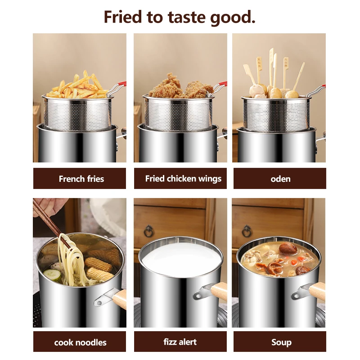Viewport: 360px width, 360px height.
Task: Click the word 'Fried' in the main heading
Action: (123, 17)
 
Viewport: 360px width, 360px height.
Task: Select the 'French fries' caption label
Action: (81, 179)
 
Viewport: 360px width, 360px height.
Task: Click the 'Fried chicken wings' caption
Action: (183, 179)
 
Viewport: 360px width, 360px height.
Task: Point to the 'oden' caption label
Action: (280, 179)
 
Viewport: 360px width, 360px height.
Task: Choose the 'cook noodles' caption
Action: (80, 342)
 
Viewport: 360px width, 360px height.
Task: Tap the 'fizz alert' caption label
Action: (180, 342)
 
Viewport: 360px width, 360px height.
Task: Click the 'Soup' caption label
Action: (281, 342)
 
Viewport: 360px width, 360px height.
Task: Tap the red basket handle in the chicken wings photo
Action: (223, 84)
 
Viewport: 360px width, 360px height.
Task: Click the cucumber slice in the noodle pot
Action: (52, 274)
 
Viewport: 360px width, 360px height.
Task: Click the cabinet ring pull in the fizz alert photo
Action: (149, 231)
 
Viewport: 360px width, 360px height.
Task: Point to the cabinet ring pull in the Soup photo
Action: (247, 231)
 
